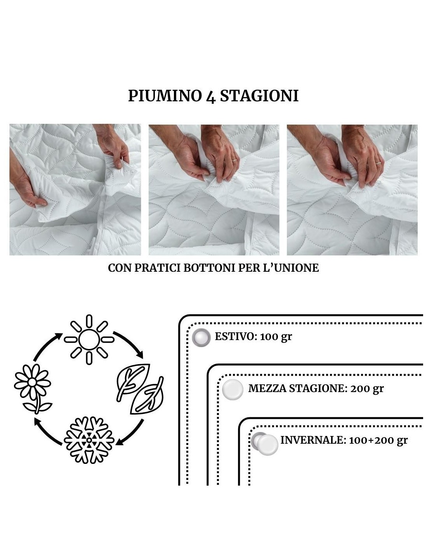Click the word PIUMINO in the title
[x=164, y=96]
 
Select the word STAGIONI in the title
[x=259, y=96]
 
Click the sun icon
[x=89, y=340]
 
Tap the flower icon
[x=33, y=389]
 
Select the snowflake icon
[x=89, y=440]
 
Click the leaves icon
[x=140, y=389]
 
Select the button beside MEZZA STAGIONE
[x=233, y=390]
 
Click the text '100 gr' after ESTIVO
[x=276, y=337]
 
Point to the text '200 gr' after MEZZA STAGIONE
[x=367, y=389]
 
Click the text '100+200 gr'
[x=378, y=440]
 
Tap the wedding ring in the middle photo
[x=235, y=160]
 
